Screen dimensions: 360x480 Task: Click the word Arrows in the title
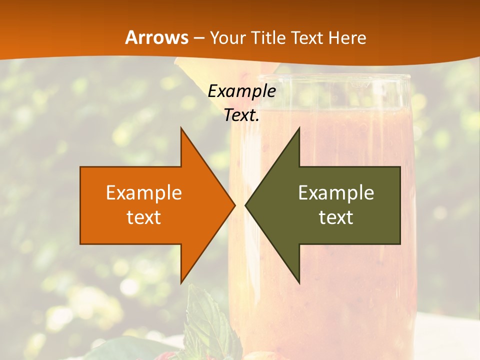(x=156, y=38)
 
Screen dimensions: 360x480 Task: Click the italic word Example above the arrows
(x=241, y=91)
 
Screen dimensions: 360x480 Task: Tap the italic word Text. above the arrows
(x=241, y=115)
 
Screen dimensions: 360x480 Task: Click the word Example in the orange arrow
(x=143, y=193)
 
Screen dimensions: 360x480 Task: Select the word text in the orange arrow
(x=143, y=217)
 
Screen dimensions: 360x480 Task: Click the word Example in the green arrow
(x=336, y=193)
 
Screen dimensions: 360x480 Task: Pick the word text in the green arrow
(x=336, y=217)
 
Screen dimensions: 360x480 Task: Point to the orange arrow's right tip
(x=234, y=205)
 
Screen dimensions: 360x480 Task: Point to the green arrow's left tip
(x=245, y=205)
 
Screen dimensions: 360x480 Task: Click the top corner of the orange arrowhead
(x=181, y=128)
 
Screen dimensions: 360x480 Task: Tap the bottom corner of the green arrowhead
(x=299, y=282)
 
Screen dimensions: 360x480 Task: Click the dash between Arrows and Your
(x=198, y=38)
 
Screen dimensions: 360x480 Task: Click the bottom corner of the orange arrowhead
(x=181, y=282)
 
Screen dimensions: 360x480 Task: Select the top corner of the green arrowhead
(x=299, y=128)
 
